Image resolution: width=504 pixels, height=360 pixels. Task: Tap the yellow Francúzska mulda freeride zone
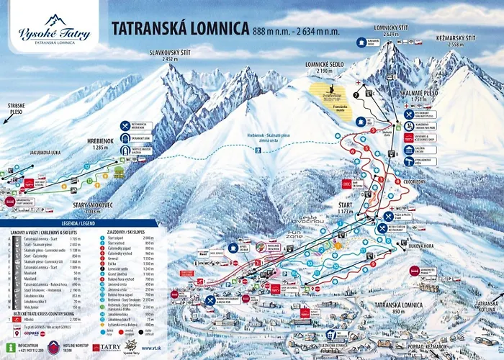(x=332, y=93)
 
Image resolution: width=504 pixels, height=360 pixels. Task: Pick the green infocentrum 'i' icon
(x=10, y=345)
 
